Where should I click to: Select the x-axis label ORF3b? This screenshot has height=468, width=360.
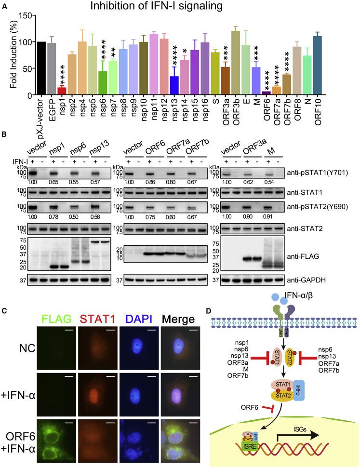(235, 109)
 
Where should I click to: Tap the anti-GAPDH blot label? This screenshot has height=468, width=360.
(326, 279)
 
